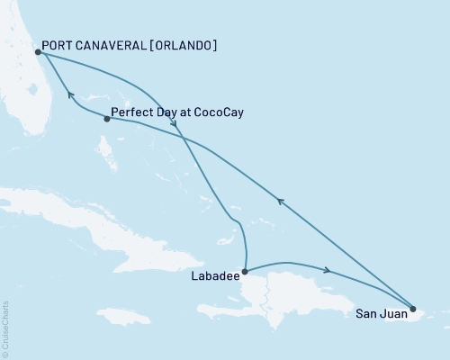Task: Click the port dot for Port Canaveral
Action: tap(38, 52)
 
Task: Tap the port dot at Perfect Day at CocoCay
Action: tap(107, 118)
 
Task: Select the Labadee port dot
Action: tap(245, 269)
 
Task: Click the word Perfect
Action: tap(130, 113)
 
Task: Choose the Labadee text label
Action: tap(216, 277)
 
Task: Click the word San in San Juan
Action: tap(364, 314)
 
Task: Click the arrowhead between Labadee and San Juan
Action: tap(327, 270)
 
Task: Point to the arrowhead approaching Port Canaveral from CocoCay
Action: tap(69, 93)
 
